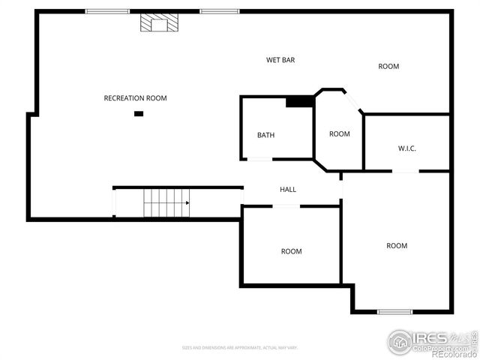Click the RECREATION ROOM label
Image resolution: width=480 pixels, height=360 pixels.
click(135, 98)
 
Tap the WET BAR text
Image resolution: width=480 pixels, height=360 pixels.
click(280, 60)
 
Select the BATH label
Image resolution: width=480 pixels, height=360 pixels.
click(265, 136)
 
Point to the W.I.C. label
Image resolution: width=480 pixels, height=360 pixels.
click(407, 148)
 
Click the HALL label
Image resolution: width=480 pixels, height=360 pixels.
click(288, 190)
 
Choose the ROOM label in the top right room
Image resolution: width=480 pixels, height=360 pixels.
click(388, 67)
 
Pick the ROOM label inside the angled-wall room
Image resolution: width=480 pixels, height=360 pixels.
click(340, 134)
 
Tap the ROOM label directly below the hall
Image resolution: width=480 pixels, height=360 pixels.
click(291, 251)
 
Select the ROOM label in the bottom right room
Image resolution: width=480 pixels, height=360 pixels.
click(397, 246)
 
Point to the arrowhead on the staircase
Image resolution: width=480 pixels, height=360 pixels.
click(187, 202)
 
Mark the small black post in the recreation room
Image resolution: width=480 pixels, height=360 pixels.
click(139, 114)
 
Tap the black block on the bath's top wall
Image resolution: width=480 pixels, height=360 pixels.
click(300, 101)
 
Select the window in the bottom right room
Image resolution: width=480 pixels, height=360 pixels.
click(394, 311)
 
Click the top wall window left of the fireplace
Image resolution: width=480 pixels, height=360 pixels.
click(107, 11)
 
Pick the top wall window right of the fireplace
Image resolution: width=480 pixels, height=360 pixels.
click(220, 11)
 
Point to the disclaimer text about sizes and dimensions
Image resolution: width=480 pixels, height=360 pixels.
click(240, 347)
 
